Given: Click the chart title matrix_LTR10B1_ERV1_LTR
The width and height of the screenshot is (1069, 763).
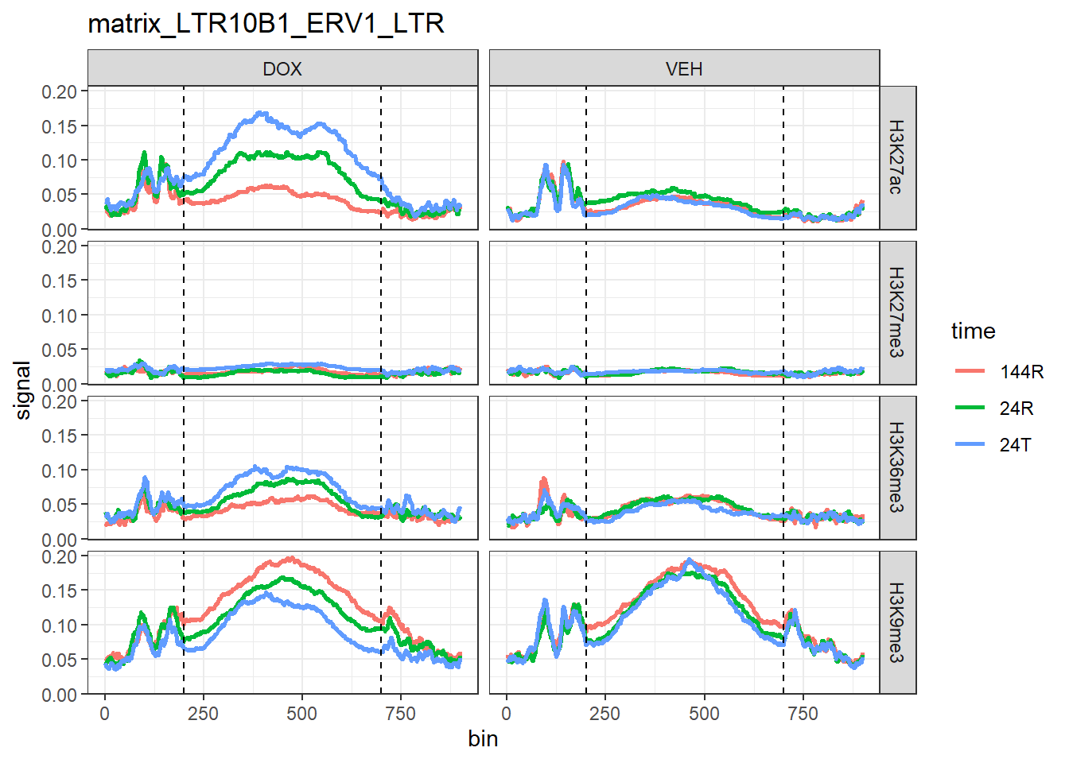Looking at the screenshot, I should pos(266,24).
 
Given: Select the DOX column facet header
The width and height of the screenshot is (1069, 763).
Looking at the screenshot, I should pos(282,69).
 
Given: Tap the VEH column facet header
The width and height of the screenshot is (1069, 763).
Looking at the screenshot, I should pos(684,69).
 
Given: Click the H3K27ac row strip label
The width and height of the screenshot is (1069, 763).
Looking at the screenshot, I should pos(896,157).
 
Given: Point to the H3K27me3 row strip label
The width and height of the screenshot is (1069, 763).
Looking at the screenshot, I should pos(896,312).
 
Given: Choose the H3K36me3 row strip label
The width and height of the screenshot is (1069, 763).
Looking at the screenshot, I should pos(896,467).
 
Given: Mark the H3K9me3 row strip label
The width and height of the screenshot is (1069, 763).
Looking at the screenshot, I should pos(896,622).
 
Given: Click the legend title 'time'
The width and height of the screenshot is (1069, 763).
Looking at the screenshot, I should pos(973,331).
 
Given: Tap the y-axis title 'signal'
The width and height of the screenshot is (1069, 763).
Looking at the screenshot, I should pos(23,390).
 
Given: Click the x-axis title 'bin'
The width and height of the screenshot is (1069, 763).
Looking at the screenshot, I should pos(483,739).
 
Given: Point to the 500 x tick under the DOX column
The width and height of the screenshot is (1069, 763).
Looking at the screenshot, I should pos(301,714).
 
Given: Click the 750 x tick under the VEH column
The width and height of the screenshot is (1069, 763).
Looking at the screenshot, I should pos(803,714).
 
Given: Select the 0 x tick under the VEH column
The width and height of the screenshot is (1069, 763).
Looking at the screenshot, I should pos(507,714).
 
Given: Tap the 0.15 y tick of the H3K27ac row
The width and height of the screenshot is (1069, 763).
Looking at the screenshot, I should pos(59,126).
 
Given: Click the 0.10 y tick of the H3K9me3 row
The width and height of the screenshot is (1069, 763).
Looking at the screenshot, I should pos(59,626).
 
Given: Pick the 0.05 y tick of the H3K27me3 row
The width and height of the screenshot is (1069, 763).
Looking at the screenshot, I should pos(59,350).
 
